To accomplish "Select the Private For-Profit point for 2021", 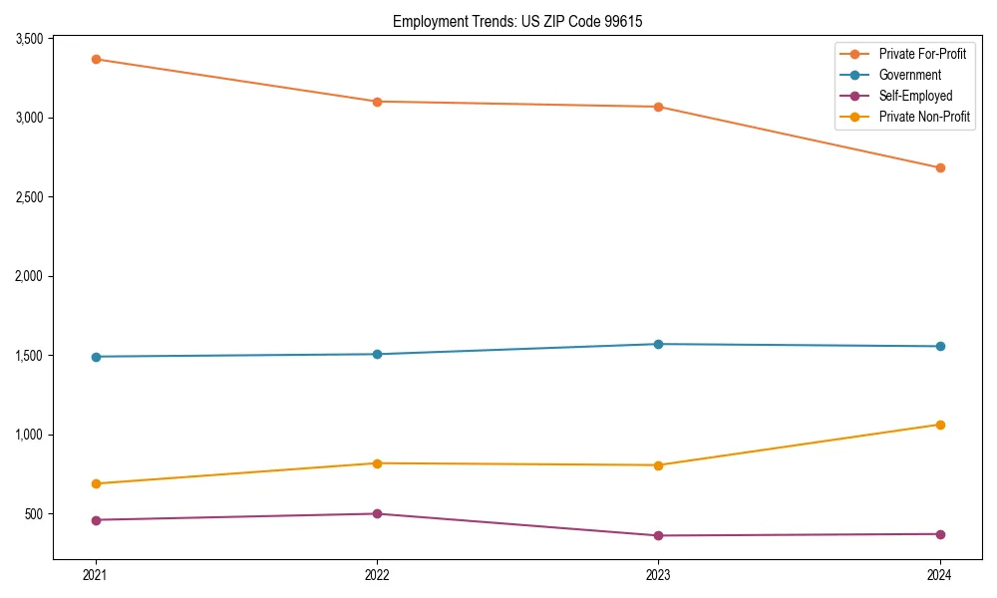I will [x=96, y=59].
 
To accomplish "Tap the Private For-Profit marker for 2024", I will [x=940, y=167].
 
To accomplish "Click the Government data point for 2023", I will [x=658, y=344].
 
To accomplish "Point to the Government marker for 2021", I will [x=96, y=357].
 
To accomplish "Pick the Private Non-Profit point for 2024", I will [x=940, y=425].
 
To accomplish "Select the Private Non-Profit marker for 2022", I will [x=377, y=463].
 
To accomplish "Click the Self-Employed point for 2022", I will [x=377, y=513].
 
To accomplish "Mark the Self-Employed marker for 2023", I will [x=658, y=535].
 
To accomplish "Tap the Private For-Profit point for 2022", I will [x=377, y=102].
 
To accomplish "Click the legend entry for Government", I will [x=909, y=75].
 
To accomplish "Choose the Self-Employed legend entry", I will [x=915, y=96].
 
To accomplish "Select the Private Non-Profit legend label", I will [x=924, y=117].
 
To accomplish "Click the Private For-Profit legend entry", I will [x=922, y=54].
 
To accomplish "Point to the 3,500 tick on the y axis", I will [x=29, y=39].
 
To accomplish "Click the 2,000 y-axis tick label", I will [x=29, y=276].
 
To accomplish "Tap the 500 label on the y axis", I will [x=35, y=514].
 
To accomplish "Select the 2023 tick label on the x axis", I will [x=658, y=575].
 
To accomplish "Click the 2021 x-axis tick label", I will [x=96, y=575].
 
